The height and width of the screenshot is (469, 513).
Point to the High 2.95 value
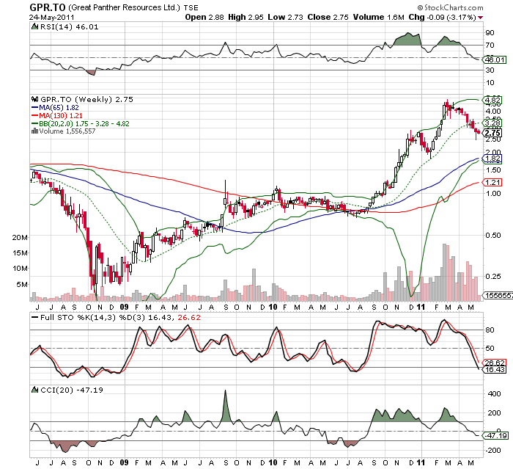pos(248,16)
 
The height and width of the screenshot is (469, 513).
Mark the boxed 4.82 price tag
pos(493,99)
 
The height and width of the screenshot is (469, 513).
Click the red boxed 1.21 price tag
pos(493,181)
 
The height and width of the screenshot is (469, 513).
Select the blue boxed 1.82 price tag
pos(493,159)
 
